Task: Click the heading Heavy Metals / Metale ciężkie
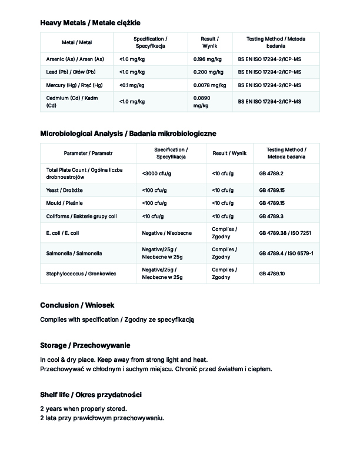(x=90, y=23)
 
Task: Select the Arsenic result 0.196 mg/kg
(x=207, y=59)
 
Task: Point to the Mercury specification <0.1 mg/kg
(x=132, y=85)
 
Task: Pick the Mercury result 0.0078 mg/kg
(x=209, y=85)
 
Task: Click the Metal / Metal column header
(x=77, y=42)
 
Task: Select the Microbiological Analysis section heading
(x=128, y=134)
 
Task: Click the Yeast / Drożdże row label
(x=64, y=190)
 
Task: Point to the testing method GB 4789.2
(x=271, y=174)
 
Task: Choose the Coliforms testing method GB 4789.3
(x=272, y=216)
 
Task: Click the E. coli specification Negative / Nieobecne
(x=166, y=233)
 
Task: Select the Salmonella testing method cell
(x=286, y=253)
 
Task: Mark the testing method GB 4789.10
(x=272, y=274)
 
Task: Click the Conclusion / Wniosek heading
(x=76, y=305)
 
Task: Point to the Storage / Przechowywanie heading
(x=85, y=345)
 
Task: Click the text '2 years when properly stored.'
(x=83, y=408)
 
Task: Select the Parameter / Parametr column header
(x=88, y=153)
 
